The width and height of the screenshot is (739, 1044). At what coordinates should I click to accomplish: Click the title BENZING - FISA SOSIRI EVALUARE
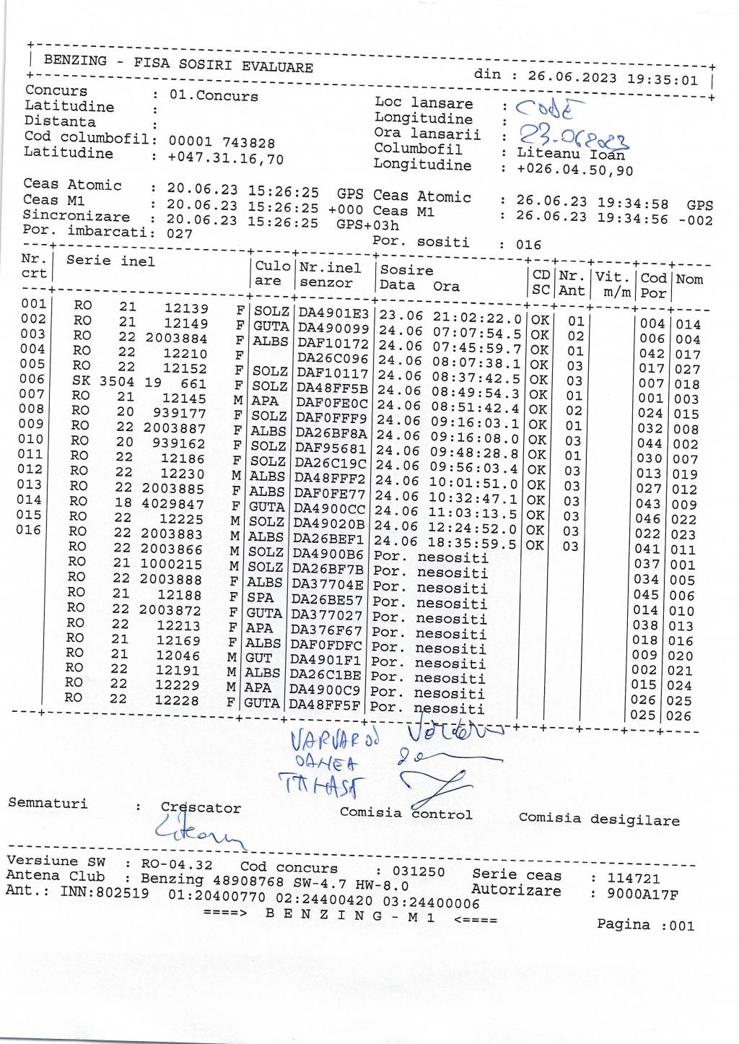point(178,64)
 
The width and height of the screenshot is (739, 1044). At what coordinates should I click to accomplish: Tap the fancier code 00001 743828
point(222,143)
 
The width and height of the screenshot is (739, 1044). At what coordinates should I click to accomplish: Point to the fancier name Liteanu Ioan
point(571,154)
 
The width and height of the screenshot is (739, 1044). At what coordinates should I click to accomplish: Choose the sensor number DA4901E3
point(334,314)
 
